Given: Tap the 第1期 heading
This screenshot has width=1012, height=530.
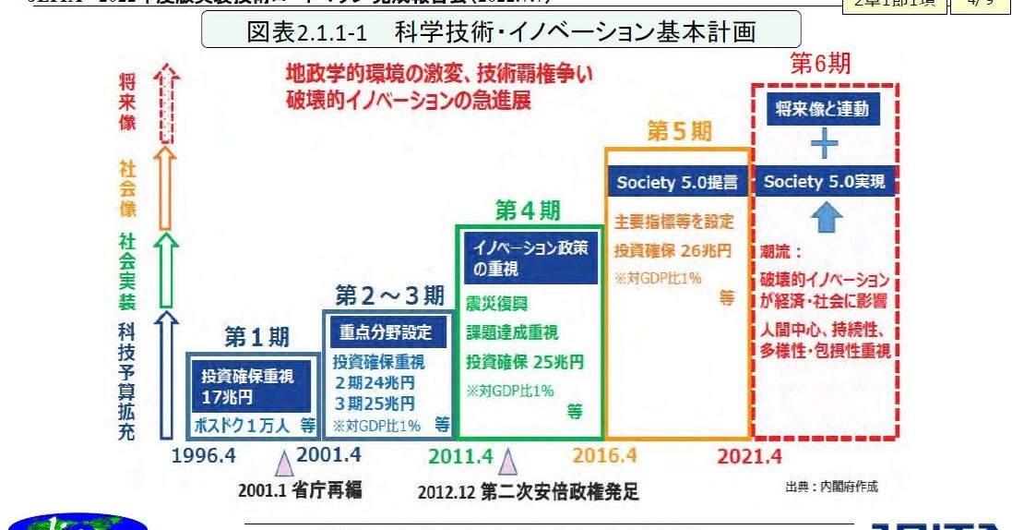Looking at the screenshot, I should tap(257, 337).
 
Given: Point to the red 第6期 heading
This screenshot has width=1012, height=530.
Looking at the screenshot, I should tap(820, 64).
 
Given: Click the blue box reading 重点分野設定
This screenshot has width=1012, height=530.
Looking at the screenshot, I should tap(386, 332).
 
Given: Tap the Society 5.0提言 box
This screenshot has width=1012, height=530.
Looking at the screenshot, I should tap(678, 182).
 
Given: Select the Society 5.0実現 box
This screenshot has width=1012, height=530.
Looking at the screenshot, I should tap(824, 182).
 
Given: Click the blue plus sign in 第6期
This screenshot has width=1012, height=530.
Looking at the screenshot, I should tap(823, 145).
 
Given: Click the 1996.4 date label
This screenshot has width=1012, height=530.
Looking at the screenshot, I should tap(206, 455).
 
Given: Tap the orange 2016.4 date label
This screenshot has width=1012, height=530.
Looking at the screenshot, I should tap(604, 455).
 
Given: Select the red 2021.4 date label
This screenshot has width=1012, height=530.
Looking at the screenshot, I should tap(750, 455).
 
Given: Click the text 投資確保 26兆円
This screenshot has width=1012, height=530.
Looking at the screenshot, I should tap(673, 250).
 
